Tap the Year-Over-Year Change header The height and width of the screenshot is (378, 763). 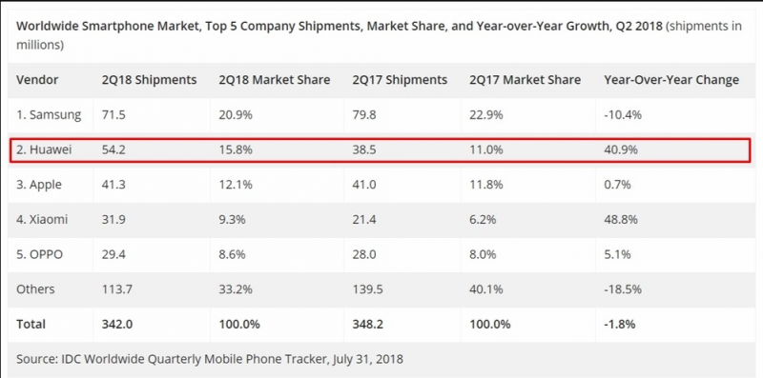[x=671, y=80]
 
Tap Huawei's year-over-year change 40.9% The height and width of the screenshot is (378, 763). [x=620, y=150]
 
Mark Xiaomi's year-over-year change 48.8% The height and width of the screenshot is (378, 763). [x=620, y=220]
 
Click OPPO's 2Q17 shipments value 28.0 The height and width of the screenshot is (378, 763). [x=366, y=254]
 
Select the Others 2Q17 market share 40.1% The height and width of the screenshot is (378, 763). [x=487, y=288]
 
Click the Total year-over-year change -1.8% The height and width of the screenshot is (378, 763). [x=620, y=324]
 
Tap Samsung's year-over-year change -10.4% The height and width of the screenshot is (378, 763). [x=623, y=115]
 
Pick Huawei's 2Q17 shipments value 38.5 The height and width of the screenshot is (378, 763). [x=366, y=150]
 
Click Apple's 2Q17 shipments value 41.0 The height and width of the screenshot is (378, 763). [x=366, y=185]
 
